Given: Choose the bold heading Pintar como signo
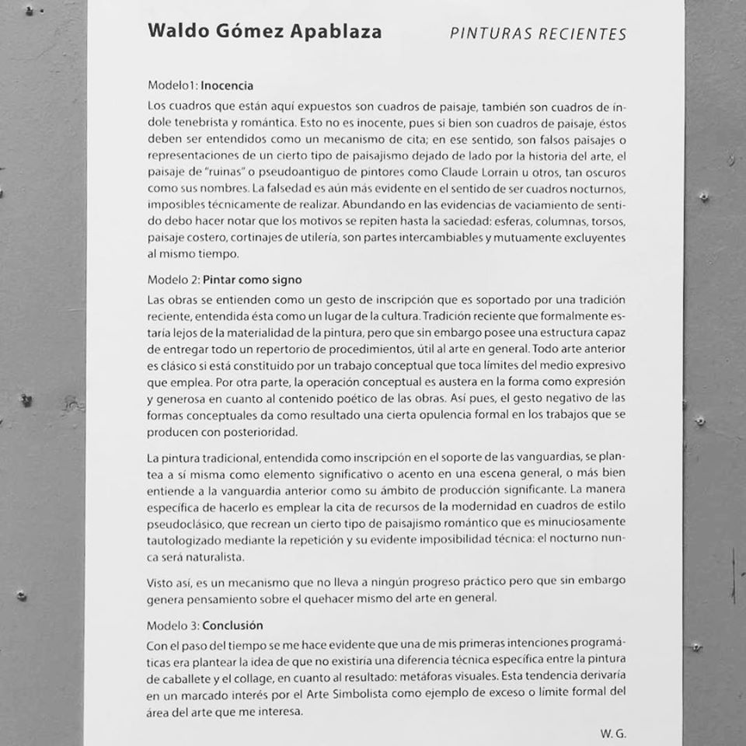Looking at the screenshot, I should click(x=253, y=280).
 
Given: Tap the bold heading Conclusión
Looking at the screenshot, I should click(x=232, y=625).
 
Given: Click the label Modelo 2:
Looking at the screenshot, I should click(x=173, y=280).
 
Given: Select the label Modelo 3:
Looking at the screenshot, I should click(x=173, y=625).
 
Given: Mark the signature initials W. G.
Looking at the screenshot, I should click(x=613, y=734).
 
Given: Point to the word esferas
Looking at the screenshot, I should click(x=502, y=221).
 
